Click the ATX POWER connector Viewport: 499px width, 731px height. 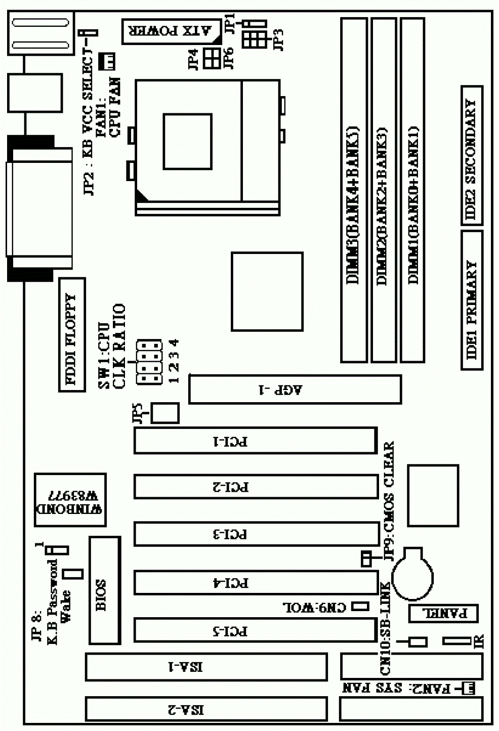[x=172, y=31]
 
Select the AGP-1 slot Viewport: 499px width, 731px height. [x=295, y=389]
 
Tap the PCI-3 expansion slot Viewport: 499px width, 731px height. [x=256, y=534]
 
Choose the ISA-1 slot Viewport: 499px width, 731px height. [x=206, y=667]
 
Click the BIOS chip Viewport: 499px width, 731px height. [x=105, y=590]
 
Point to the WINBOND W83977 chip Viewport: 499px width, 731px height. [x=70, y=501]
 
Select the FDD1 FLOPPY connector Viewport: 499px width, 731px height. [x=72, y=334]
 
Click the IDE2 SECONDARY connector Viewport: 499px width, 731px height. [x=472, y=155]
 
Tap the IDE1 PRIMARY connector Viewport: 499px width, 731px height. [x=472, y=300]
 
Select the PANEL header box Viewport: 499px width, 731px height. [x=443, y=613]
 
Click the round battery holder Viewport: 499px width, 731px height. [x=412, y=574]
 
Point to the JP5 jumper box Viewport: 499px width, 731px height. [x=165, y=413]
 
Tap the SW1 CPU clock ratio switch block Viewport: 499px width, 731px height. [x=148, y=362]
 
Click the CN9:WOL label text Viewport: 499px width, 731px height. [x=314, y=607]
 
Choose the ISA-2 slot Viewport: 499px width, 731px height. [x=206, y=709]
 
